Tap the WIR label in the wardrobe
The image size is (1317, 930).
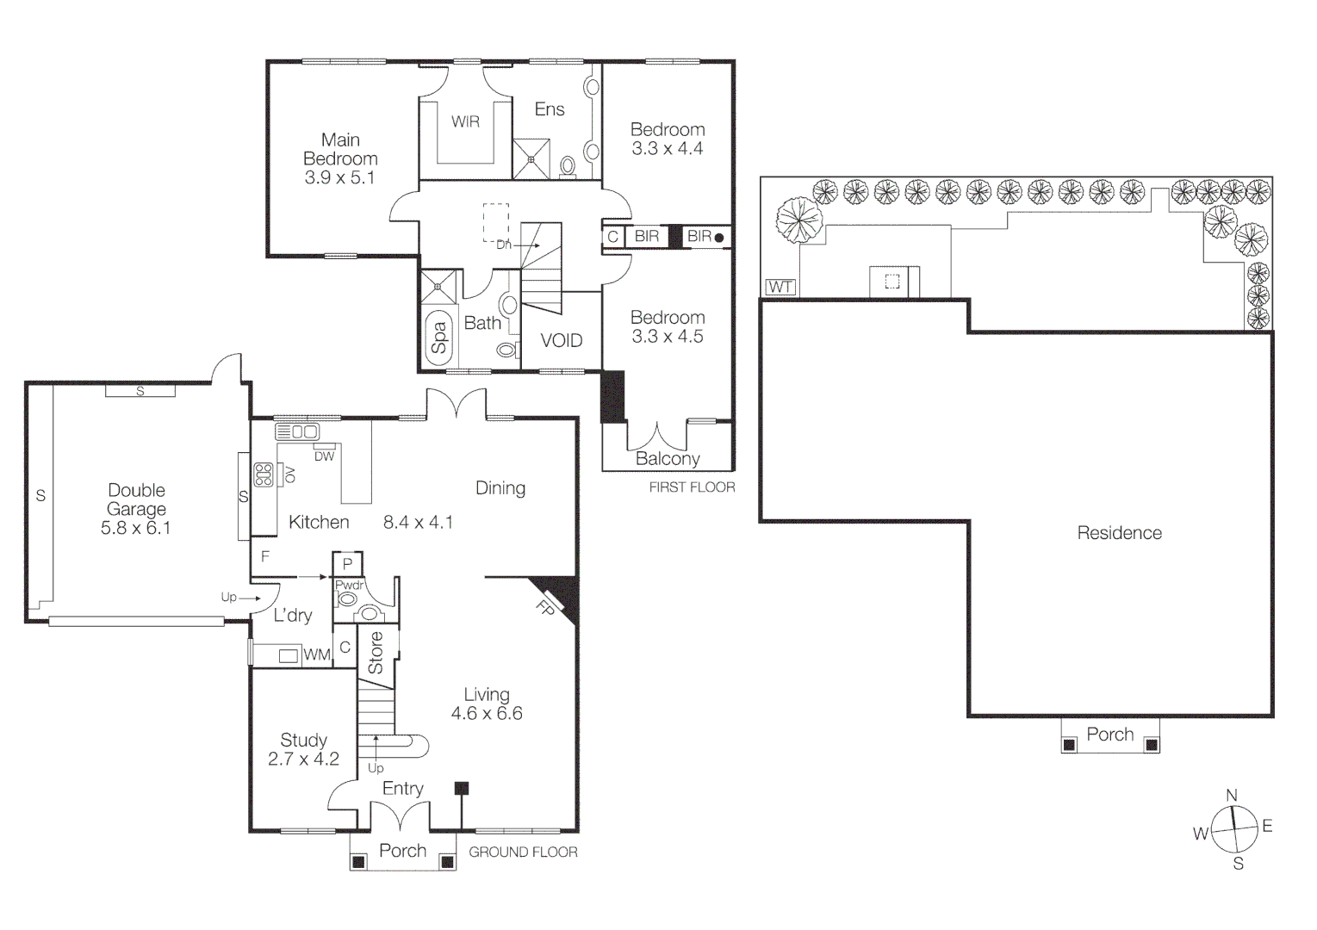[x=465, y=122]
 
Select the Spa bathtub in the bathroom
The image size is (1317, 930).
[x=439, y=337]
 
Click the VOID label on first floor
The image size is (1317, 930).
[x=562, y=341]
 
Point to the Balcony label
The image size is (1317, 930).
[x=668, y=459]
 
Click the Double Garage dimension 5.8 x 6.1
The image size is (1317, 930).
[x=136, y=528]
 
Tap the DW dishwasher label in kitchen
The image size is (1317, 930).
[x=324, y=456]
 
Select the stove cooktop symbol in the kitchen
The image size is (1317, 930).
[x=264, y=474]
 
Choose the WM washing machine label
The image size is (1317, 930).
[x=316, y=655]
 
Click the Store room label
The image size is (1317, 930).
[x=376, y=653]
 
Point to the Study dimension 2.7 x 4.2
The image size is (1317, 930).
[x=303, y=759]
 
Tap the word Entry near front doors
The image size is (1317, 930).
[x=402, y=789]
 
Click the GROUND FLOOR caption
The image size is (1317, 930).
[x=523, y=852]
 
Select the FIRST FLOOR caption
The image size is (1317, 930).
[x=692, y=487]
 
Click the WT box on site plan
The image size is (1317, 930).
[x=780, y=287]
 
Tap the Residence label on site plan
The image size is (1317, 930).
[x=1119, y=533]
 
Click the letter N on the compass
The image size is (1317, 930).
[x=1232, y=796]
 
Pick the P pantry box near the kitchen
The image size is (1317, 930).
[x=348, y=564]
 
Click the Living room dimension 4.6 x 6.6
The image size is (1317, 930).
[x=487, y=714]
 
